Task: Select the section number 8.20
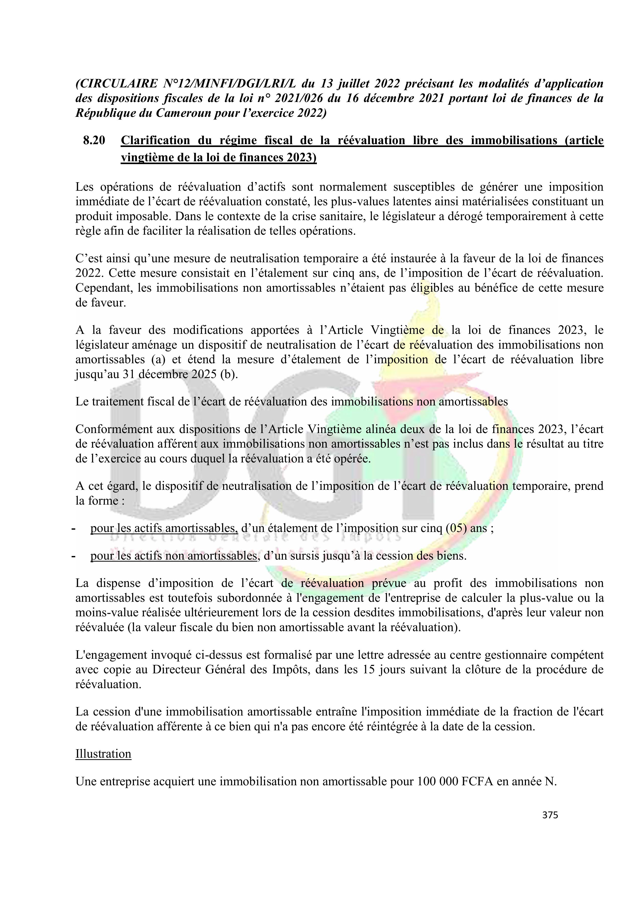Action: tap(94, 140)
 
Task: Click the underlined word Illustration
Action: tap(103, 754)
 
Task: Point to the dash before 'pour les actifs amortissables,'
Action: tap(73, 529)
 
